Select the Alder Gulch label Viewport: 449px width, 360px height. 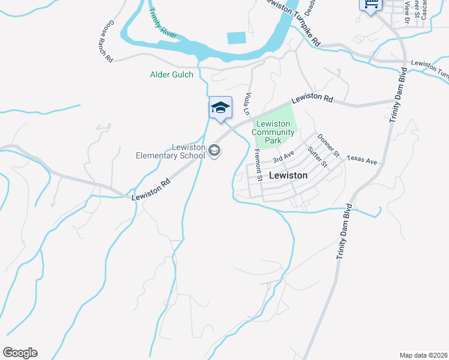pos(172,75)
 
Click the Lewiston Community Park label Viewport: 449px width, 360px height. pos(273,132)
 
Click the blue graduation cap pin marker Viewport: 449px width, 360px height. pos(220,108)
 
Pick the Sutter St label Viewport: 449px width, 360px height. pos(316,157)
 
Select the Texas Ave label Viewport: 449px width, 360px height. pos(361,162)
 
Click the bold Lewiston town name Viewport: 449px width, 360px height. pos(288,176)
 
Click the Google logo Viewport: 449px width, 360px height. pos(20,353)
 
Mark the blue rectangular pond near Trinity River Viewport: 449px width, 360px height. pos(237,37)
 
